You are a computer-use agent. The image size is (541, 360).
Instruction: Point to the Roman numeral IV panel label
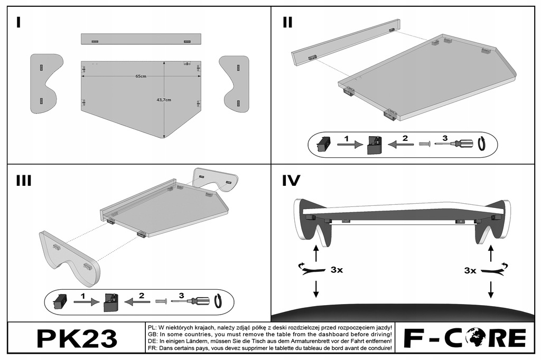coord(291,181)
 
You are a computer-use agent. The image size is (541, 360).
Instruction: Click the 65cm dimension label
coord(140,77)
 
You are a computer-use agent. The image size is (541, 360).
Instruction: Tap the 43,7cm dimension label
coord(164,100)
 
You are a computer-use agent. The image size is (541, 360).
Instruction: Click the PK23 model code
coord(77,337)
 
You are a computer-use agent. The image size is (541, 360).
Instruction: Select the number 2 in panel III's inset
coord(141,296)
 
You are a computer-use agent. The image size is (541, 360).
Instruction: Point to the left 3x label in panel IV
coord(336,270)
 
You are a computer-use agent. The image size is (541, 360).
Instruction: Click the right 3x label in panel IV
coord(471,270)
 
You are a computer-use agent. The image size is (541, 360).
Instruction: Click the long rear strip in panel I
coord(141,39)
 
